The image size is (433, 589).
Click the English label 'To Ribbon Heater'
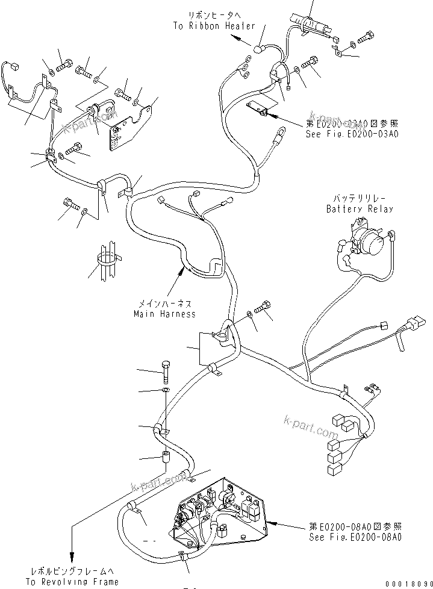pyautogui.click(x=214, y=26)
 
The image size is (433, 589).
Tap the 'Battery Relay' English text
pyautogui.click(x=360, y=209)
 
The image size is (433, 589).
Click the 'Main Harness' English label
pyautogui.click(x=164, y=314)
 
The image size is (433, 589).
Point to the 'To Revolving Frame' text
pyautogui.click(x=72, y=581)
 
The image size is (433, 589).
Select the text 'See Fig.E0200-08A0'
pyautogui.click(x=355, y=537)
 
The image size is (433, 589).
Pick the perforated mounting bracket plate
pyautogui.click(x=121, y=137)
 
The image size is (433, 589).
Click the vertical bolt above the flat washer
pyautogui.click(x=166, y=373)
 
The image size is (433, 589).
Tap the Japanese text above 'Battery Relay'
pyautogui.click(x=360, y=198)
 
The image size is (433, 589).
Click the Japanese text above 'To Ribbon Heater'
pyautogui.click(x=214, y=15)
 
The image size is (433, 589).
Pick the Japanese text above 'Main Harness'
pyautogui.click(x=165, y=304)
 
